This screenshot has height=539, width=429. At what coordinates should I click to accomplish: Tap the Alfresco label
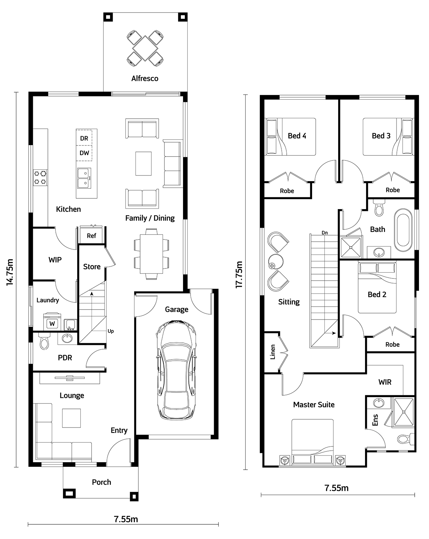(x=145, y=78)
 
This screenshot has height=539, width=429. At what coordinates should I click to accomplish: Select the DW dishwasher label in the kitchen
(x=84, y=153)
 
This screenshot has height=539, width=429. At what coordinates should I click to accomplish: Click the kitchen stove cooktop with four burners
(x=40, y=177)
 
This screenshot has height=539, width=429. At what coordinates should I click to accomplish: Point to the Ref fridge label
(x=92, y=236)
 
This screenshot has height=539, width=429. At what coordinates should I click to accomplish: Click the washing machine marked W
(x=52, y=322)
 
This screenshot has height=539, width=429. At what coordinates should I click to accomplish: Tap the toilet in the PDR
(x=45, y=341)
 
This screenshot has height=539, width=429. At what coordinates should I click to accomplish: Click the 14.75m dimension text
(x=10, y=272)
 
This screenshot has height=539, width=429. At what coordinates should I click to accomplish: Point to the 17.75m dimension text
(x=239, y=275)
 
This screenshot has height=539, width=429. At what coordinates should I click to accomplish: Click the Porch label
(x=101, y=482)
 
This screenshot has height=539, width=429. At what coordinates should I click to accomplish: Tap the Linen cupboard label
(x=273, y=352)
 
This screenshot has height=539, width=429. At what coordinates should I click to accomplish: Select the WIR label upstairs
(x=385, y=382)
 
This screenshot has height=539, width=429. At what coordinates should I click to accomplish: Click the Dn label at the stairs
(x=325, y=233)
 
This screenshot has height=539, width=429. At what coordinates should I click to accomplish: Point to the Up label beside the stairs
(x=110, y=331)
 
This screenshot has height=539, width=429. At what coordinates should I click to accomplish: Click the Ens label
(x=375, y=420)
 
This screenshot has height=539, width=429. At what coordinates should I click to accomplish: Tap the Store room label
(x=92, y=267)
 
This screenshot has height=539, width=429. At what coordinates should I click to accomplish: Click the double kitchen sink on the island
(x=84, y=178)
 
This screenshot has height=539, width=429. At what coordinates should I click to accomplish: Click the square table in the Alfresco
(x=145, y=48)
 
